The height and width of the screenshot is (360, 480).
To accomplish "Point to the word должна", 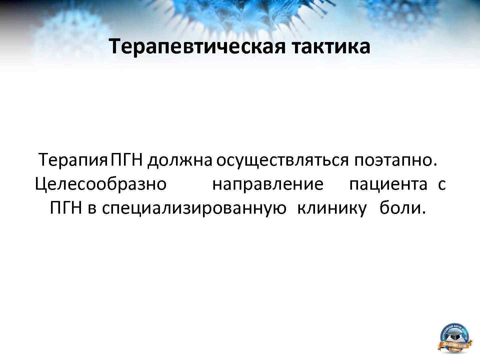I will click(180, 160).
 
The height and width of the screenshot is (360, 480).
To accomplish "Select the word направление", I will click(268, 184).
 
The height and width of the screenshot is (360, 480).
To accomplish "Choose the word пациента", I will click(388, 184).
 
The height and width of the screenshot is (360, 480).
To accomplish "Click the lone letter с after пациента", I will click(442, 185).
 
